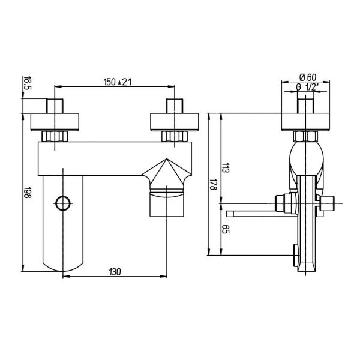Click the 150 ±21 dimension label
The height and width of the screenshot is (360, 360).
(118, 82)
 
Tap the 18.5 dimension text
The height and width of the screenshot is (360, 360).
(26, 83)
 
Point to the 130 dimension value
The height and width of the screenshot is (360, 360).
(115, 272)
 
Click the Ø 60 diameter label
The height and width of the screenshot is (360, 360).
(308, 77)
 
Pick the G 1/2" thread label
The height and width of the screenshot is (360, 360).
(307, 88)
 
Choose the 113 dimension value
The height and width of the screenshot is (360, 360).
(226, 167)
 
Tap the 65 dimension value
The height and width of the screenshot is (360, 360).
(226, 230)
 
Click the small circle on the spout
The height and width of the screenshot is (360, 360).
(63, 203)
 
